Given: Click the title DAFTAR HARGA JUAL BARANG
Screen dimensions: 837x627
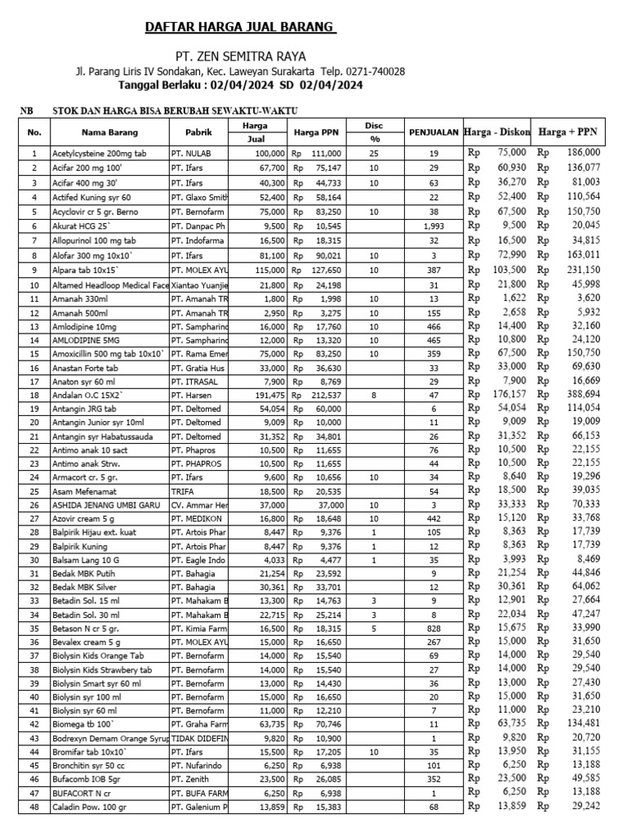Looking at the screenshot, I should pyautogui.click(x=241, y=28).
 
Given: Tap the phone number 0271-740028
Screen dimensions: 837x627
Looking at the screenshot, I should pyautogui.click(x=376, y=71).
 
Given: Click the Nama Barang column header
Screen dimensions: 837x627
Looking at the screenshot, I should pyautogui.click(x=109, y=132).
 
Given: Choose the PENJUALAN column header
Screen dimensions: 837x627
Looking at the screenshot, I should pyautogui.click(x=434, y=132).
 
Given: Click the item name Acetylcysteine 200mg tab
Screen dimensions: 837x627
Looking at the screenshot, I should pyautogui.click(x=99, y=153).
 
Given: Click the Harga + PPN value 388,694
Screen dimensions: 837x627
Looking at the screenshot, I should pyautogui.click(x=580, y=394).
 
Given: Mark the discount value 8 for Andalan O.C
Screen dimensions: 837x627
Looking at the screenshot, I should pyautogui.click(x=373, y=394).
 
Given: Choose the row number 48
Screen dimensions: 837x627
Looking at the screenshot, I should pyautogui.click(x=33, y=807).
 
